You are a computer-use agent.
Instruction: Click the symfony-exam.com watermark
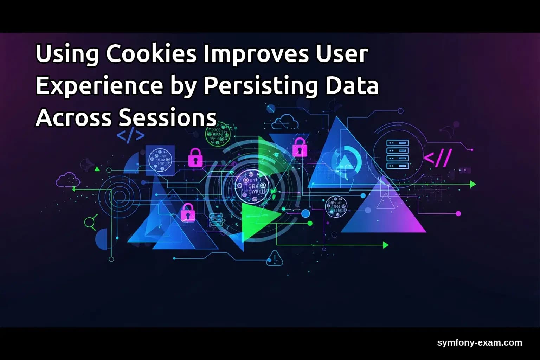(480, 342)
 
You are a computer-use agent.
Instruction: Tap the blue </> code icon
(130, 136)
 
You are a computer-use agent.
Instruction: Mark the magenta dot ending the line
(458, 213)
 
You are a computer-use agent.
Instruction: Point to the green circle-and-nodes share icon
(90, 222)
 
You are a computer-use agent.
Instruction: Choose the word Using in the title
(67, 54)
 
